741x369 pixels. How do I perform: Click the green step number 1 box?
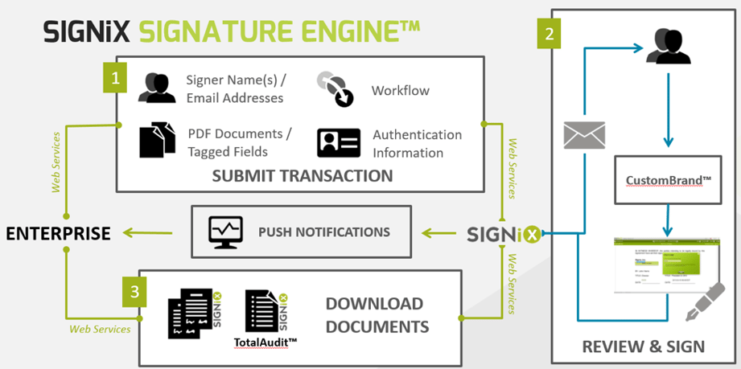tap(115, 78)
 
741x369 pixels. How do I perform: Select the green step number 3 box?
tap(134, 292)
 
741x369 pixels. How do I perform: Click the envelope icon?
tap(584, 135)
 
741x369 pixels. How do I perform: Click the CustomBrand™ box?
tap(666, 178)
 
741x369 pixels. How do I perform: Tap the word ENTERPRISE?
tap(58, 234)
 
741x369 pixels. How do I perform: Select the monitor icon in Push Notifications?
tap(224, 232)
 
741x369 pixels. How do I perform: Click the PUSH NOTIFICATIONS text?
tap(323, 232)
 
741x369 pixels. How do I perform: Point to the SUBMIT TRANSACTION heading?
tap(302, 176)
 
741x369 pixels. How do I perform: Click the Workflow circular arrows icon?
tap(335, 89)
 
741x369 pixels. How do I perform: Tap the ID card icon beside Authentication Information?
tap(339, 142)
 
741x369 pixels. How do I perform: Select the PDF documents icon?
tap(157, 140)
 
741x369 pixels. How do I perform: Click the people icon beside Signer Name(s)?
tap(157, 88)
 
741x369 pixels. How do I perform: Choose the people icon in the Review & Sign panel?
tap(668, 47)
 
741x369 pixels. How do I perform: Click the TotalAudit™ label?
tap(266, 342)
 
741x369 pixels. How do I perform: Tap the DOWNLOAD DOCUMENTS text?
tap(374, 315)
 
